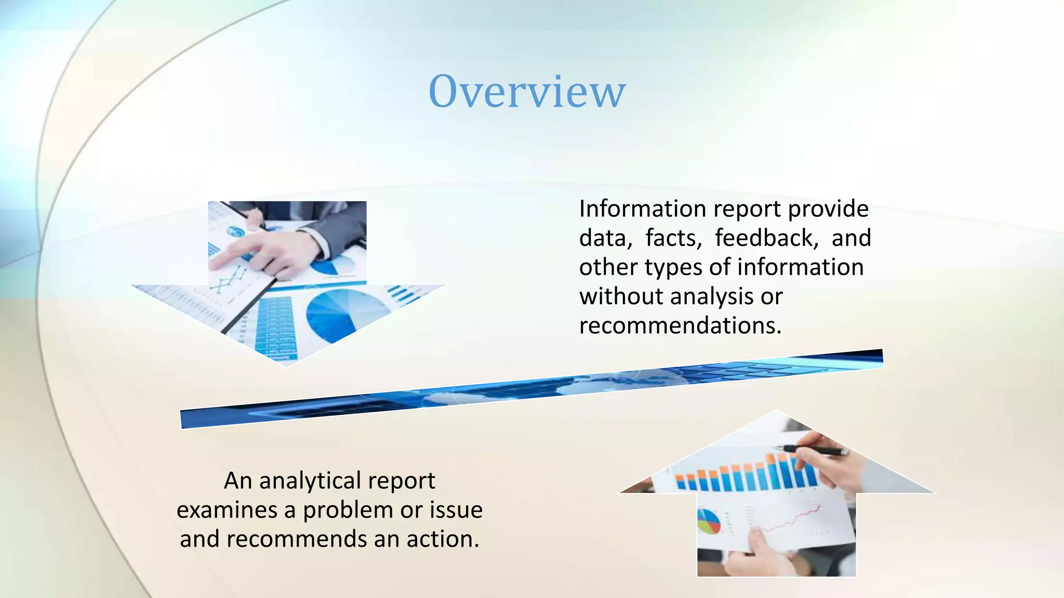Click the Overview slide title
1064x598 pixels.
(527, 91)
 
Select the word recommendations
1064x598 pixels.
(680, 325)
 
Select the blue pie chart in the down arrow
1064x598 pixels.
(338, 314)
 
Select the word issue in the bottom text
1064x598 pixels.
(456, 510)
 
